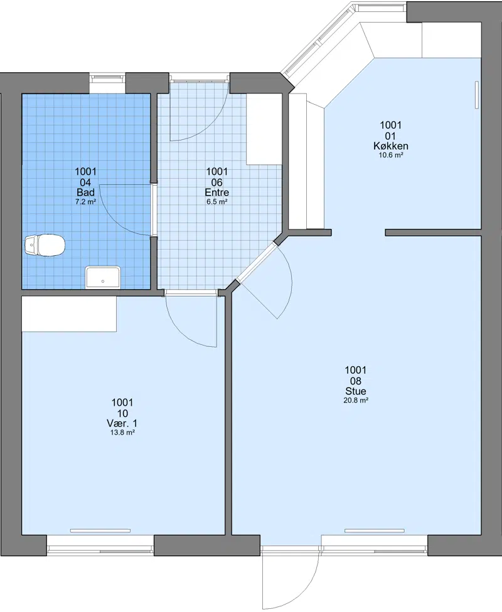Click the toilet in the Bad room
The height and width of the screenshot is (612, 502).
(45, 246)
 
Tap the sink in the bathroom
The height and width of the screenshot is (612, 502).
(103, 277)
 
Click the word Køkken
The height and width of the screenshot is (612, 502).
(391, 146)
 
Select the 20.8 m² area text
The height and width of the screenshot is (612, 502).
(356, 400)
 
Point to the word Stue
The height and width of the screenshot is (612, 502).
(356, 391)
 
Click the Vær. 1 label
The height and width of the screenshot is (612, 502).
(122, 423)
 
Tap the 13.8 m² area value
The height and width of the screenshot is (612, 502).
(122, 433)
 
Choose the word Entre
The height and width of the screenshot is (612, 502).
(217, 193)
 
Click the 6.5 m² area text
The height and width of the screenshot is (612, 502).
(217, 202)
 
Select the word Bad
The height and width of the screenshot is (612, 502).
(85, 193)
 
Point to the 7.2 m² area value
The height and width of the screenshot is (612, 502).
(85, 202)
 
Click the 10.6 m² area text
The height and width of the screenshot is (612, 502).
(391, 155)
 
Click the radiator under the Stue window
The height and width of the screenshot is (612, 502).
(374, 530)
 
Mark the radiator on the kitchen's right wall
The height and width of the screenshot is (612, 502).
(477, 95)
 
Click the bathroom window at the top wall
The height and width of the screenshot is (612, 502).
(107, 78)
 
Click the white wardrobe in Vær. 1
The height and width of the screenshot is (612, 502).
(69, 314)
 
